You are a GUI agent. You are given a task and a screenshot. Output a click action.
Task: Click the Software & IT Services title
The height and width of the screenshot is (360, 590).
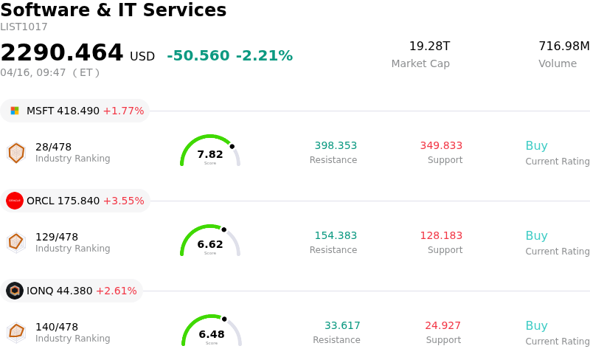click(x=114, y=10)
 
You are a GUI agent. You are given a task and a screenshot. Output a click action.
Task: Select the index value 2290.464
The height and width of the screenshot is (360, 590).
click(x=62, y=53)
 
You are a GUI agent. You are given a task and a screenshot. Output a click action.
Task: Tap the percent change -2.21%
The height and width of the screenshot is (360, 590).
click(x=264, y=56)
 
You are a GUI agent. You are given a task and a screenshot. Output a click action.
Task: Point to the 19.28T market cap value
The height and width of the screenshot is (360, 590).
click(x=429, y=46)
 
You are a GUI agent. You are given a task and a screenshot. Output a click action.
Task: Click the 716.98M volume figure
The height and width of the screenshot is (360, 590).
click(x=563, y=46)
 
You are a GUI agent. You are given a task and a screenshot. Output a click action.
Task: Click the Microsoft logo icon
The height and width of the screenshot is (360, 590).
click(x=15, y=111)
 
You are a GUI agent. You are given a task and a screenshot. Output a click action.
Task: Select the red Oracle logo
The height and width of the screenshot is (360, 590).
click(x=15, y=201)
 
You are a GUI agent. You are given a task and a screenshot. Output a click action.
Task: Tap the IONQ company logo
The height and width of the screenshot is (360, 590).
click(x=15, y=291)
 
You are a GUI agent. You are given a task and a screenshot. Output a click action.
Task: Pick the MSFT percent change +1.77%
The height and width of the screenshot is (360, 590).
click(x=123, y=111)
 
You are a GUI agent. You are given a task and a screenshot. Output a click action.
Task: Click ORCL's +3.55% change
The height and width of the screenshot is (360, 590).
click(x=123, y=201)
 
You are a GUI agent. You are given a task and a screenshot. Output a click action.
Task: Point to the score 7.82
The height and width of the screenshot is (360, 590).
click(x=210, y=154)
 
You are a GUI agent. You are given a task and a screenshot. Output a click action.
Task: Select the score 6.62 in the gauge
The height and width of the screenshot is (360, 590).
click(x=210, y=244)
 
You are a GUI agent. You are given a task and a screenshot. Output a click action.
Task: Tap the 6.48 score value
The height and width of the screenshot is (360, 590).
click(x=212, y=334)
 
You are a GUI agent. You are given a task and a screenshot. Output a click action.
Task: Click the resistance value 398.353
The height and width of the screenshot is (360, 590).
click(x=336, y=146)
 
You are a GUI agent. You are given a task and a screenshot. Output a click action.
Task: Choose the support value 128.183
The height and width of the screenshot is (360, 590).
click(x=441, y=236)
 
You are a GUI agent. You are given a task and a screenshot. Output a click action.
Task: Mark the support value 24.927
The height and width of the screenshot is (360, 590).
click(x=442, y=326)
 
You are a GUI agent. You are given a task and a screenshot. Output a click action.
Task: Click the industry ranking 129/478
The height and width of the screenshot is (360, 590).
click(x=57, y=237)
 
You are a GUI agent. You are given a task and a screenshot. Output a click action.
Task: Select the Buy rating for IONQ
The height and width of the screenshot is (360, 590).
click(x=536, y=326)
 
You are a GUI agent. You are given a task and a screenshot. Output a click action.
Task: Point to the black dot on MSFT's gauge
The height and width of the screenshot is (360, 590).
click(x=232, y=146)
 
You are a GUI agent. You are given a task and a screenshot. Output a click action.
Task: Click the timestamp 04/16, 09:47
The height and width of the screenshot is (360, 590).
click(x=33, y=72)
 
